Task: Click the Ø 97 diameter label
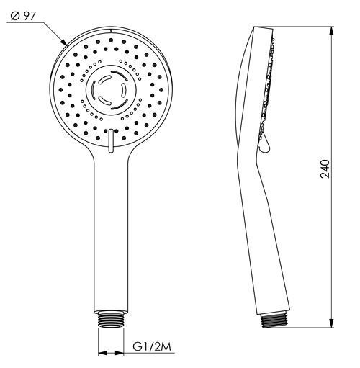pyautogui.click(x=23, y=17)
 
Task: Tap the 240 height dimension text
pyautogui.click(x=325, y=169)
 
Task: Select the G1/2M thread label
pyautogui.click(x=152, y=347)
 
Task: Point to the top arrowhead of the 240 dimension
pyautogui.click(x=331, y=31)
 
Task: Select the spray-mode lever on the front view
pyautogui.click(x=111, y=140)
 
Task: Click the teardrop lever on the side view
pyautogui.click(x=265, y=143)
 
